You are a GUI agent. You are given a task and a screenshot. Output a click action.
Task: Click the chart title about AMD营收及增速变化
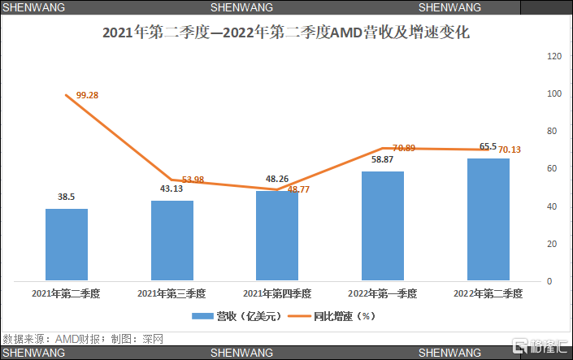tap(286, 34)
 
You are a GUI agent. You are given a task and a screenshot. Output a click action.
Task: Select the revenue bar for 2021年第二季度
tap(67, 244)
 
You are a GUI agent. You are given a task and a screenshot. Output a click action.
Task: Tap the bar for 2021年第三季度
tap(171, 240)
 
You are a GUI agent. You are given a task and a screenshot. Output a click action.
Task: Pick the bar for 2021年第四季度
tap(277, 236)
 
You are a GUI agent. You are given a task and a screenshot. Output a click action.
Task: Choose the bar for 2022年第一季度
tap(382, 226)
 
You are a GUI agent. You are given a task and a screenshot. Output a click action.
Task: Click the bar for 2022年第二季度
tap(488, 219)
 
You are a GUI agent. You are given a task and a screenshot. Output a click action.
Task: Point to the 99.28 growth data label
tap(87, 95)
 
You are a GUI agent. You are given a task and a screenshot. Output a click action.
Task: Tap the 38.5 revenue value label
tap(67, 197)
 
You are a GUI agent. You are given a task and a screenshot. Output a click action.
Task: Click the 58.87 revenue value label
tap(382, 159)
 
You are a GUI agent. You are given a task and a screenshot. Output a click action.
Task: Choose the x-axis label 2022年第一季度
tap(382, 293)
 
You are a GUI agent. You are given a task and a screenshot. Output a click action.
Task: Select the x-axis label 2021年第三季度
tap(171, 293)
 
